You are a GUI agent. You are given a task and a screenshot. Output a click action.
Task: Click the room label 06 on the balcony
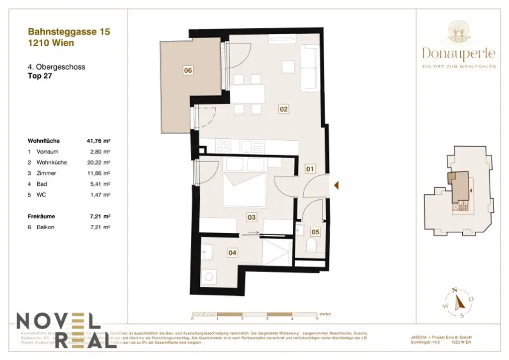coord(188,71)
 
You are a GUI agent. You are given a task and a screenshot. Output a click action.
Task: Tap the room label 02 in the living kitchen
coord(284,109)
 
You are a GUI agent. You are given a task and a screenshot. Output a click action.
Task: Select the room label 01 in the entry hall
coord(310,169)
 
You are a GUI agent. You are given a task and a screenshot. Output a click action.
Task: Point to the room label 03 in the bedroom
coord(252,217)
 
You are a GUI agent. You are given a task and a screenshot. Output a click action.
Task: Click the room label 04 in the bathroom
coord(232,253)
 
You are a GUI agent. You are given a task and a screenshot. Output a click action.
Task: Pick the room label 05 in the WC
coord(315,231)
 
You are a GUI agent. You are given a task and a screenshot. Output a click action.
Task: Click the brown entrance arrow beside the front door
coord(337,185)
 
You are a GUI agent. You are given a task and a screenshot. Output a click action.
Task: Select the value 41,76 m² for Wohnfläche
coord(98,141)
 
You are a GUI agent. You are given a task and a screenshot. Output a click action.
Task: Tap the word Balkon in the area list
coord(45,227)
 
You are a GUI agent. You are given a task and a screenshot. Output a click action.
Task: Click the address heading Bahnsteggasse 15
coord(69,32)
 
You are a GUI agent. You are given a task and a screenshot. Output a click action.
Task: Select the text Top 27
coord(40,77)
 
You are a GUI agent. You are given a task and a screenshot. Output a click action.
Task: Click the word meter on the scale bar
coord(325,314)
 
